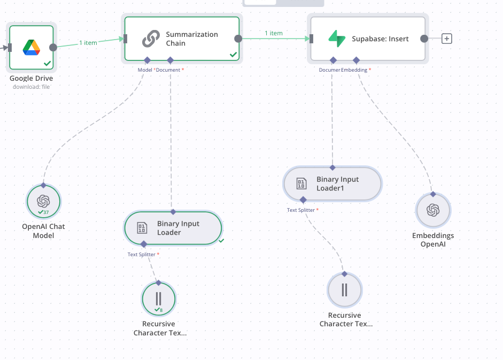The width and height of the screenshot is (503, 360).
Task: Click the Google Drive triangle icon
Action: (x=32, y=48)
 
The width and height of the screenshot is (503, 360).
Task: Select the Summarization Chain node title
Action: (x=191, y=39)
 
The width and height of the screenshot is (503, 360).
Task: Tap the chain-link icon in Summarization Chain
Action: (x=151, y=39)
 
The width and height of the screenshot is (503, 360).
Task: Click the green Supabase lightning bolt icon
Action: (x=337, y=39)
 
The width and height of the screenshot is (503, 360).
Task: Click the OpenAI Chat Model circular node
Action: (x=43, y=202)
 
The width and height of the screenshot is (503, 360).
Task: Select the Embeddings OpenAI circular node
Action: (x=433, y=210)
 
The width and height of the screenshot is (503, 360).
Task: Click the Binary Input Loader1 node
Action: (x=332, y=183)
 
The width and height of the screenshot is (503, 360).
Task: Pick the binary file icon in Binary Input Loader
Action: (x=142, y=228)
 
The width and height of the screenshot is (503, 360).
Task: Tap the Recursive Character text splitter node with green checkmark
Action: (x=158, y=299)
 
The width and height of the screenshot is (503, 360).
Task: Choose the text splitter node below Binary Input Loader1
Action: (x=345, y=290)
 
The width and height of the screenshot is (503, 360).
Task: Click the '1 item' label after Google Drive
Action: (x=88, y=43)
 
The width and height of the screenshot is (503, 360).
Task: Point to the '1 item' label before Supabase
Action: (x=274, y=33)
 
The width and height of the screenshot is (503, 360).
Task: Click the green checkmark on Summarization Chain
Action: (x=233, y=55)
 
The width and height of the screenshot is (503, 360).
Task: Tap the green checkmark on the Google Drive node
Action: (x=48, y=63)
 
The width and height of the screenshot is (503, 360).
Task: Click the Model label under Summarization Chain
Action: (x=145, y=70)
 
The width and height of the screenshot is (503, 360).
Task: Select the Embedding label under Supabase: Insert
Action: (x=354, y=70)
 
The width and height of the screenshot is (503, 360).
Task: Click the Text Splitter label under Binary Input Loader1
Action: (x=301, y=210)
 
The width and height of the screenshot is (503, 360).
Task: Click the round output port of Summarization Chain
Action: (x=238, y=39)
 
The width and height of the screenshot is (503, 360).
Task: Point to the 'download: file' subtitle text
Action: (x=32, y=87)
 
